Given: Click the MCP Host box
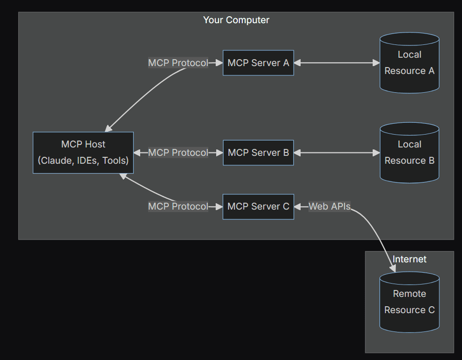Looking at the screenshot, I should coord(83,152).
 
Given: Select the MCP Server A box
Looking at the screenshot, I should coord(258,63).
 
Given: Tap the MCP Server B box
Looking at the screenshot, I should coord(258,153).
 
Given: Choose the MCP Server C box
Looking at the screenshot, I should coord(258,207).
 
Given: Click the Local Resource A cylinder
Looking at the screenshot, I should coord(409,63).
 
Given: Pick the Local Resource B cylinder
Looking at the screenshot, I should coord(409,153).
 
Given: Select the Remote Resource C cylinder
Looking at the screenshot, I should coord(409,302).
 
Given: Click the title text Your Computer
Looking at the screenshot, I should coord(236,20).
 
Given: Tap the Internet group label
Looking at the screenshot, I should coord(409,259).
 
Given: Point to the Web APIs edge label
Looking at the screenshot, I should coord(329,207).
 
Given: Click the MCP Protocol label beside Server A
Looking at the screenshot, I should coord(178,63).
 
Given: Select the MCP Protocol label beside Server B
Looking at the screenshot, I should coord(178,153).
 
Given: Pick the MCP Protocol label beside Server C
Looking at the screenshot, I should coord(178,207).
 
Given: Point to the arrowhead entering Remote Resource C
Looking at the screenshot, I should coord(393,269).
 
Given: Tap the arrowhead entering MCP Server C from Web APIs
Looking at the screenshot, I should coord(298,207).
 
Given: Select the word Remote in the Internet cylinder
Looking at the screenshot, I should coord(409,294).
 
